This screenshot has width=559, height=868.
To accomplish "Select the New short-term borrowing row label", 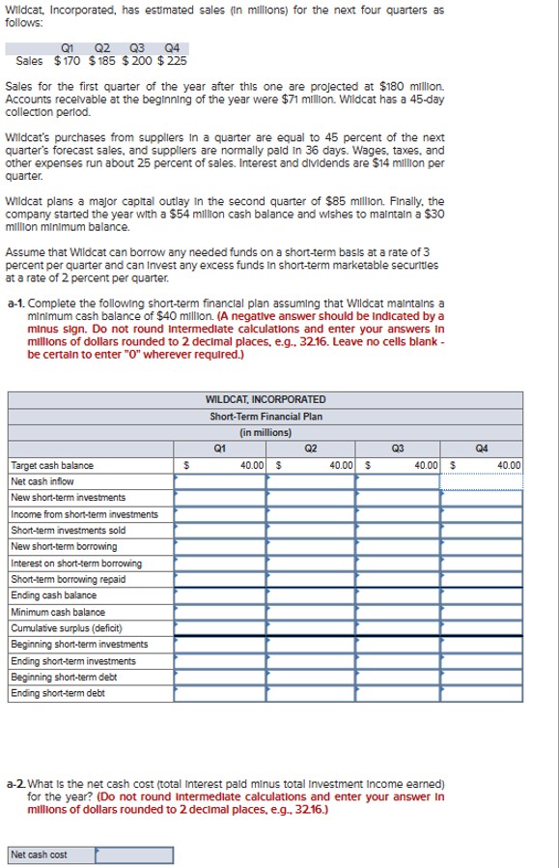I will click(51, 547).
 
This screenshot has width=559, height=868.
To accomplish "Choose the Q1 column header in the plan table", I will click(220, 448).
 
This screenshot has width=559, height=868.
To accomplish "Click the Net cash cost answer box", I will click(134, 854).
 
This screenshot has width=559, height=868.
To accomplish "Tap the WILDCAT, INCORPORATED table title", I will click(266, 399).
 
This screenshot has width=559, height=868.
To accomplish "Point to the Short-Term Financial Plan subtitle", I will click(266, 417).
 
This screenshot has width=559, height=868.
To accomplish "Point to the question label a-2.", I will click(15, 779).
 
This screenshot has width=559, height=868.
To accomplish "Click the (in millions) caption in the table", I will click(266, 432).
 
